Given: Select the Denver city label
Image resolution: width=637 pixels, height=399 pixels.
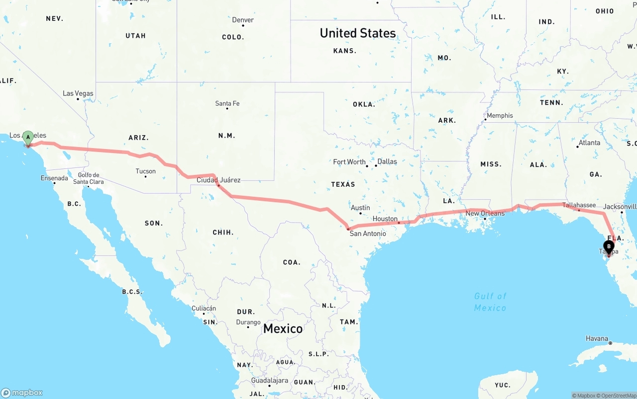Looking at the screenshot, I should [x=243, y=20].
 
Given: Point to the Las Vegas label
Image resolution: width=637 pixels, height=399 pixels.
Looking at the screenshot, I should [x=78, y=93].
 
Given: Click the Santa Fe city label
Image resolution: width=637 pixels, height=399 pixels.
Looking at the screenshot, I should [x=227, y=103].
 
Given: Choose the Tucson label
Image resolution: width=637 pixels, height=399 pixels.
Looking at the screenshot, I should [x=146, y=171].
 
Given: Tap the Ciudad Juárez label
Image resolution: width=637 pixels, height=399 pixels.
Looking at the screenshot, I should [x=218, y=180].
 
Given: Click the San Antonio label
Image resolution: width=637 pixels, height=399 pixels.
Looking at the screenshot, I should [x=368, y=234].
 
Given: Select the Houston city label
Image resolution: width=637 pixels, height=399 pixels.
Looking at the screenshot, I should [x=385, y=219].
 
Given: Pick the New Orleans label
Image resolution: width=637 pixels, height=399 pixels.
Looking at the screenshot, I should [x=485, y=213].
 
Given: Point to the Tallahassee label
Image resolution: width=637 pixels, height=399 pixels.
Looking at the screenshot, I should [x=579, y=205].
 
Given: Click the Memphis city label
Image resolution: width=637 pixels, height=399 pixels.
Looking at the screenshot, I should [x=500, y=115].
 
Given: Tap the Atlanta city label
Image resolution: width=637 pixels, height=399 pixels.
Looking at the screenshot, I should [x=590, y=143].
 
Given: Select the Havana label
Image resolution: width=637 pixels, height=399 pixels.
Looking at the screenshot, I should [x=597, y=338].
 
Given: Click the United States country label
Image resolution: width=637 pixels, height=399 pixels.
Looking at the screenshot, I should [x=358, y=33].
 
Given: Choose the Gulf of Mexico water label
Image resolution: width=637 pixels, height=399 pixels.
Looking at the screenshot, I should [x=490, y=302].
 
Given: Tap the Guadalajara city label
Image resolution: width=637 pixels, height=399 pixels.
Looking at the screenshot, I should [x=270, y=381].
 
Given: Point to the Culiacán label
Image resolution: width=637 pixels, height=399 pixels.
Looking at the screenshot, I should [x=204, y=309].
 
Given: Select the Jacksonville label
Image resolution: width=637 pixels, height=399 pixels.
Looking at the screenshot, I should [x=620, y=207].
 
